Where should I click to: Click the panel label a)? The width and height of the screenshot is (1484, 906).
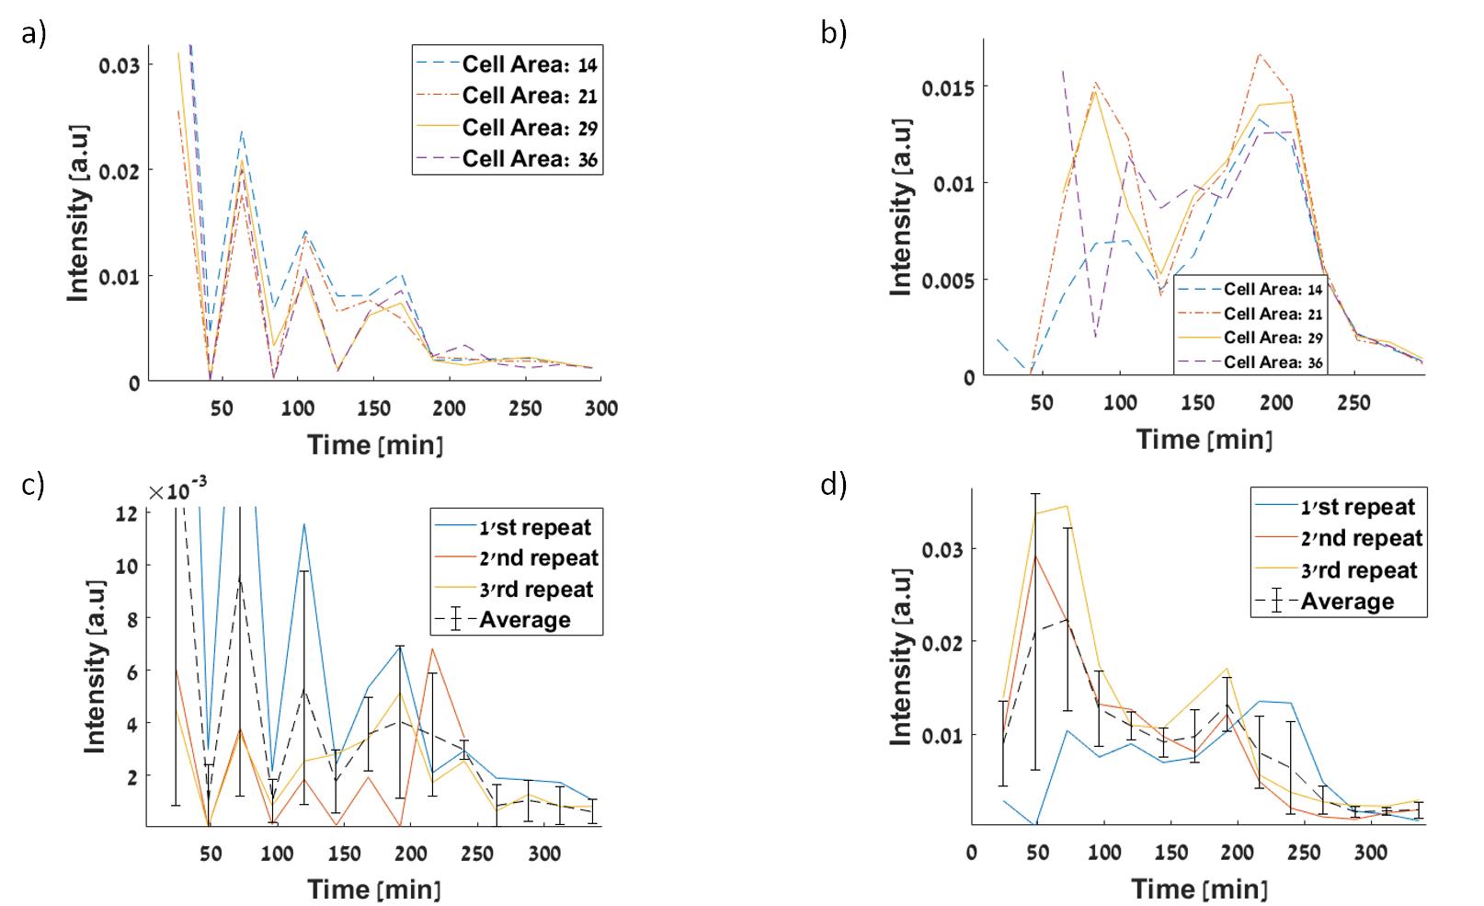[x=34, y=34]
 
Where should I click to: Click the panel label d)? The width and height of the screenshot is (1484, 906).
[x=833, y=484]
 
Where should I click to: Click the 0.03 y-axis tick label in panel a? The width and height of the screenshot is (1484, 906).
[x=120, y=65]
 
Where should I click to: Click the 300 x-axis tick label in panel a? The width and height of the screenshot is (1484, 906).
[x=601, y=408]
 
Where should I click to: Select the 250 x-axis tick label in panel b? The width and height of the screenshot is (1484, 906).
[x=1353, y=403]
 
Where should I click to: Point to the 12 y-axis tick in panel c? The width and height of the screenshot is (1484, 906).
[x=127, y=513]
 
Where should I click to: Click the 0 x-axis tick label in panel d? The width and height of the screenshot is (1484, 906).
[x=971, y=853]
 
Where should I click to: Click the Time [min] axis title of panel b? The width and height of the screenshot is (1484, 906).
[x=1204, y=440]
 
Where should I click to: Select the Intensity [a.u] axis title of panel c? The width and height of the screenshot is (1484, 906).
[x=95, y=667]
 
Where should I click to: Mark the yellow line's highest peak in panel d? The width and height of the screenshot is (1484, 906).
[x=1067, y=506]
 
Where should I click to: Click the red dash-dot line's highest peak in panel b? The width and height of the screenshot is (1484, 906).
[x=1259, y=54]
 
